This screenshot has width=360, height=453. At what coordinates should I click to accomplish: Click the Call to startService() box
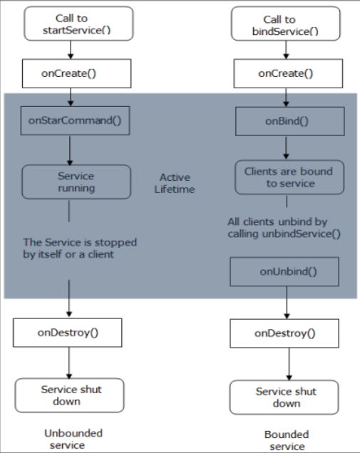(x=78, y=24)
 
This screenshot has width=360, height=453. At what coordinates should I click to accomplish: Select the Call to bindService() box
(x=286, y=24)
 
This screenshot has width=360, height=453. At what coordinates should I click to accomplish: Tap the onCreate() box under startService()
(x=76, y=73)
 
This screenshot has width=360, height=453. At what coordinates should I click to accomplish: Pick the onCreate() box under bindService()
(x=288, y=73)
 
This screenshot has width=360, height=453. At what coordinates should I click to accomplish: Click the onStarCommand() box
(x=75, y=120)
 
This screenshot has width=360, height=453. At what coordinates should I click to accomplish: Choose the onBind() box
(x=290, y=121)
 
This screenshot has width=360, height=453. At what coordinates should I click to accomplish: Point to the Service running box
(x=76, y=182)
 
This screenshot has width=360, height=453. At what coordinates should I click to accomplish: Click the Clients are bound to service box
(x=289, y=177)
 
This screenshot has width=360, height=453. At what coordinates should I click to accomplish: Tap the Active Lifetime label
(x=175, y=183)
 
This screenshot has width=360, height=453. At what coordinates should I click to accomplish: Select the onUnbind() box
(x=284, y=271)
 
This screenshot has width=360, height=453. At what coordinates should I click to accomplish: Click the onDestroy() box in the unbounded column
(x=68, y=333)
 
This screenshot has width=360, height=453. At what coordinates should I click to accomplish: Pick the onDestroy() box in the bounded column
(x=284, y=333)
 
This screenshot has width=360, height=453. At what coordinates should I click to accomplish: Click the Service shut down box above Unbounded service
(x=69, y=395)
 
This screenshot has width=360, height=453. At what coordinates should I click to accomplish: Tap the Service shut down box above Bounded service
(x=284, y=397)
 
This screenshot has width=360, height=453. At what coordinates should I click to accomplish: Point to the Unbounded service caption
(x=73, y=439)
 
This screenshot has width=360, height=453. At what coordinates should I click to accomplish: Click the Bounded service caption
(x=287, y=441)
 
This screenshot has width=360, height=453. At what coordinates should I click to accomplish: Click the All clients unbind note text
(x=284, y=228)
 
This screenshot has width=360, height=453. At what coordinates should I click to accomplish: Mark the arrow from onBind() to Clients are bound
(x=286, y=147)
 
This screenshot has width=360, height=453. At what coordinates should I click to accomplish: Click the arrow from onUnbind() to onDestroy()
(x=287, y=303)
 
